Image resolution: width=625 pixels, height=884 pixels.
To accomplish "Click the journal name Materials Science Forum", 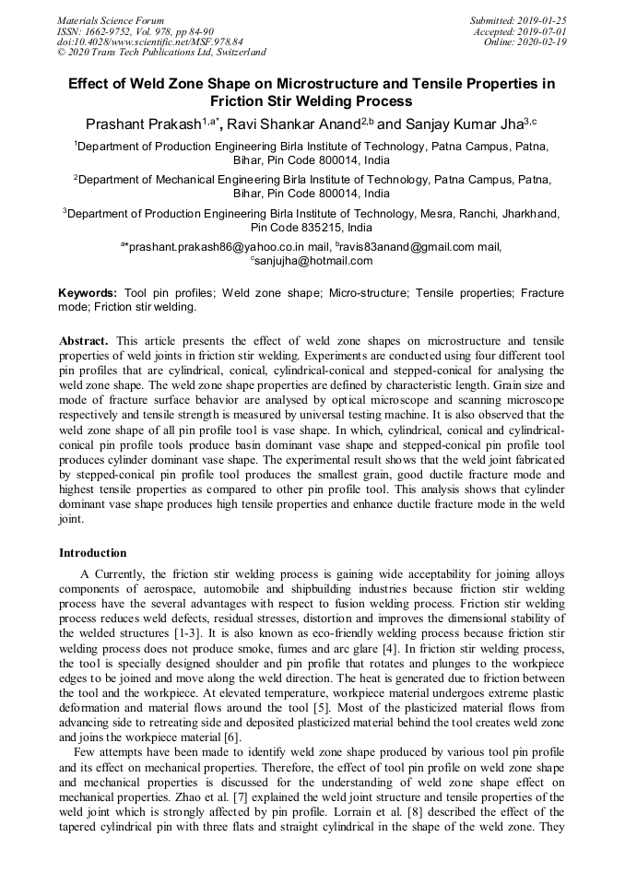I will (x=111, y=20).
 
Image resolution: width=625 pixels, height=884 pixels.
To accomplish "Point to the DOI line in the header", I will (x=149, y=41).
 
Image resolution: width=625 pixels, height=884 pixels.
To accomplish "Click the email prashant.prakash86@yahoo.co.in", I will (x=218, y=247).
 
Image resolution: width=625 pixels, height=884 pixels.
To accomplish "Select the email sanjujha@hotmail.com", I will (x=314, y=261).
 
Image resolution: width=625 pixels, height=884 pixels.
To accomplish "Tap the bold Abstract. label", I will (x=84, y=340).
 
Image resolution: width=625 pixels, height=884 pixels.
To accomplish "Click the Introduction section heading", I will (x=93, y=553).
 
